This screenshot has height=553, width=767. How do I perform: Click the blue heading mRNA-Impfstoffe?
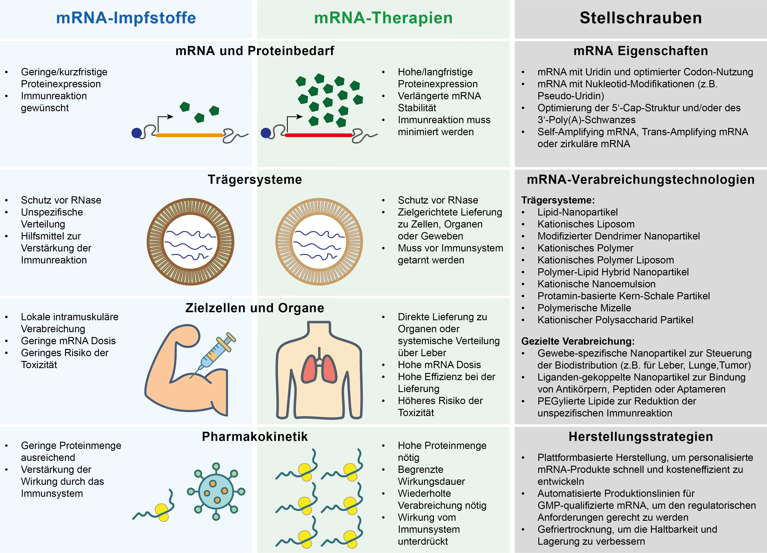point(126,18)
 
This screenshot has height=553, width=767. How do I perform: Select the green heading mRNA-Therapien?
point(383,18)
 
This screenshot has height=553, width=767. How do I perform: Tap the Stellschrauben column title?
point(641,18)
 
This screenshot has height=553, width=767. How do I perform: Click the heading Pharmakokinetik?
point(255,437)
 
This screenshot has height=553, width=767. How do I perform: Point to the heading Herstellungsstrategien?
point(641,437)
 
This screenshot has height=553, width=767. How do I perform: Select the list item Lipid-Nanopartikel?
point(577,212)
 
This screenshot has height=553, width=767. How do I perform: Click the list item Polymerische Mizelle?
point(584,308)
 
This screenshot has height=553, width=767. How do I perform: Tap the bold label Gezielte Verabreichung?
point(578,341)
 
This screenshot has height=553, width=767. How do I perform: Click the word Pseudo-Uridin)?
point(570,96)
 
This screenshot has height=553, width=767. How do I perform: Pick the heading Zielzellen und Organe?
point(255,308)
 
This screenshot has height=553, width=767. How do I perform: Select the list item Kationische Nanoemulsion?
point(596,284)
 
